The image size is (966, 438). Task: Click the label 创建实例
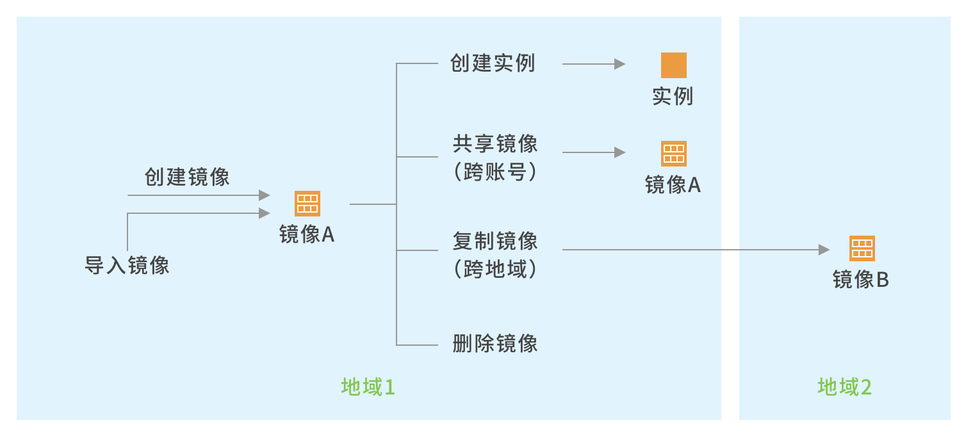pyautogui.click(x=493, y=63)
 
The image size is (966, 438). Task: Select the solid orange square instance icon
pyautogui.click(x=673, y=65)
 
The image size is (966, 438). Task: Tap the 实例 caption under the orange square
pyautogui.click(x=673, y=97)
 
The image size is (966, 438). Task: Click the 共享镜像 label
pyautogui.click(x=495, y=144)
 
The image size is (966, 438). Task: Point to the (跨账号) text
pyautogui.click(x=495, y=172)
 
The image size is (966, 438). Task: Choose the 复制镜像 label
pyautogui.click(x=495, y=241)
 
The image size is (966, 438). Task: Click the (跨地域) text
pyautogui.click(x=495, y=269)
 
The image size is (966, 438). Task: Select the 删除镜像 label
pyautogui.click(x=495, y=343)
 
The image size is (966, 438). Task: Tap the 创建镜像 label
pyautogui.click(x=187, y=177)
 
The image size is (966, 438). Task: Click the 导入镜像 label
pyautogui.click(x=127, y=264)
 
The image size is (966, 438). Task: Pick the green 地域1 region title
pyautogui.click(x=368, y=387)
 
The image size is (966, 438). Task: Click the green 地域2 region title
pyautogui.click(x=844, y=387)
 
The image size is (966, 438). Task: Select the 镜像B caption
pyautogui.click(x=860, y=280)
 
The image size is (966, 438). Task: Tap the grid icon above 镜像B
pyautogui.click(x=862, y=248)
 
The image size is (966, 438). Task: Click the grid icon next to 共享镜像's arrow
pyautogui.click(x=673, y=154)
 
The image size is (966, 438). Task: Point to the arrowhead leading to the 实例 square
pyautogui.click(x=619, y=64)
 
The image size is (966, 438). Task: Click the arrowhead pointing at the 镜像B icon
pyautogui.click(x=824, y=250)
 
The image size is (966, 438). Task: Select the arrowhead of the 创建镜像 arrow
pyautogui.click(x=265, y=195)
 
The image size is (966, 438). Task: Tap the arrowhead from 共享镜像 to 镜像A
pyautogui.click(x=619, y=152)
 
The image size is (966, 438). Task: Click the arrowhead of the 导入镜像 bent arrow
pyautogui.click(x=265, y=213)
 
